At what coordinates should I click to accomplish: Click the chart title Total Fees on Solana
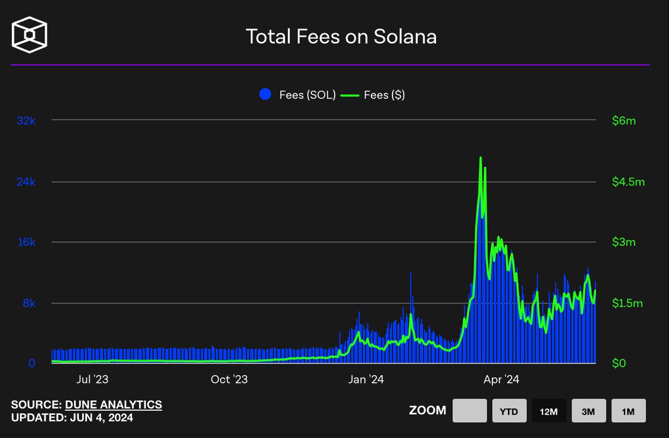341,37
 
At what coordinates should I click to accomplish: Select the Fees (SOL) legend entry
298,95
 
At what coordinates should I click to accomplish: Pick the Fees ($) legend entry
374,95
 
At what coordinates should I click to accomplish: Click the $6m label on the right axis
623,121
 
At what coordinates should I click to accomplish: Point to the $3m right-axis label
623,242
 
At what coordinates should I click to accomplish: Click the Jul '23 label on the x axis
93,380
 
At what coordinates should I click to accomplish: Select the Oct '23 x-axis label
229,380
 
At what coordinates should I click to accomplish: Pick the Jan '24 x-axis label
365,380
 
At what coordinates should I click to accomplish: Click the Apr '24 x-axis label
501,380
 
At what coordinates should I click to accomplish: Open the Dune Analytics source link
114,405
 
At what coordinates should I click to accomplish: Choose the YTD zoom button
509,411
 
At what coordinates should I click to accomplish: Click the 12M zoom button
549,411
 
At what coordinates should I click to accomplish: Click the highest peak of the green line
481,158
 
